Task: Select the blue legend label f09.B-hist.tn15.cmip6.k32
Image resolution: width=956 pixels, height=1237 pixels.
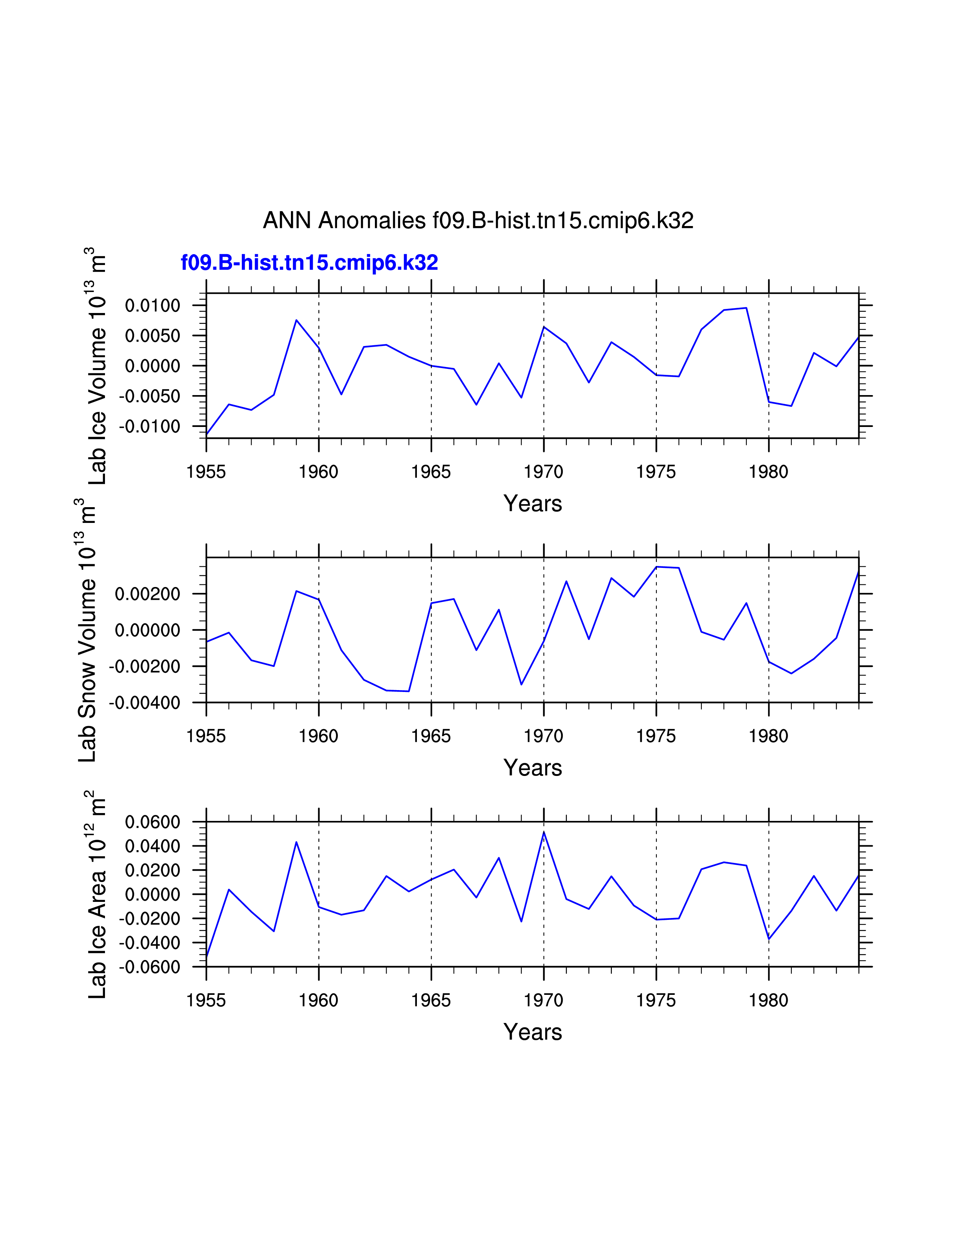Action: tap(309, 263)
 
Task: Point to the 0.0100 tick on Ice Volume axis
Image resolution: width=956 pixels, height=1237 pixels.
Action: tap(152, 306)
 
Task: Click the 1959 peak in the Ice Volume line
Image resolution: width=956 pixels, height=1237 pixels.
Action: tap(296, 320)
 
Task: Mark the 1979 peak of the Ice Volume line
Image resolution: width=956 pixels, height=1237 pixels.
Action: tap(746, 308)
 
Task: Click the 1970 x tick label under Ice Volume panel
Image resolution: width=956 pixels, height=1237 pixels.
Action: tap(543, 472)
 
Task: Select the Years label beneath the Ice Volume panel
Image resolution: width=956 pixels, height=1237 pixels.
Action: tap(532, 503)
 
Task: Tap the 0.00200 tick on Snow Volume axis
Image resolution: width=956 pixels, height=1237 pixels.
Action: tap(147, 594)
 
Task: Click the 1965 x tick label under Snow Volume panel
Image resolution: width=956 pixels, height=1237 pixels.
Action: tap(431, 736)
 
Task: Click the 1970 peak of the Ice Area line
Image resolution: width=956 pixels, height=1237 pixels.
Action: tap(544, 833)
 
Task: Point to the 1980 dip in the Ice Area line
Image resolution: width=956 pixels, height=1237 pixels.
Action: tap(769, 939)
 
